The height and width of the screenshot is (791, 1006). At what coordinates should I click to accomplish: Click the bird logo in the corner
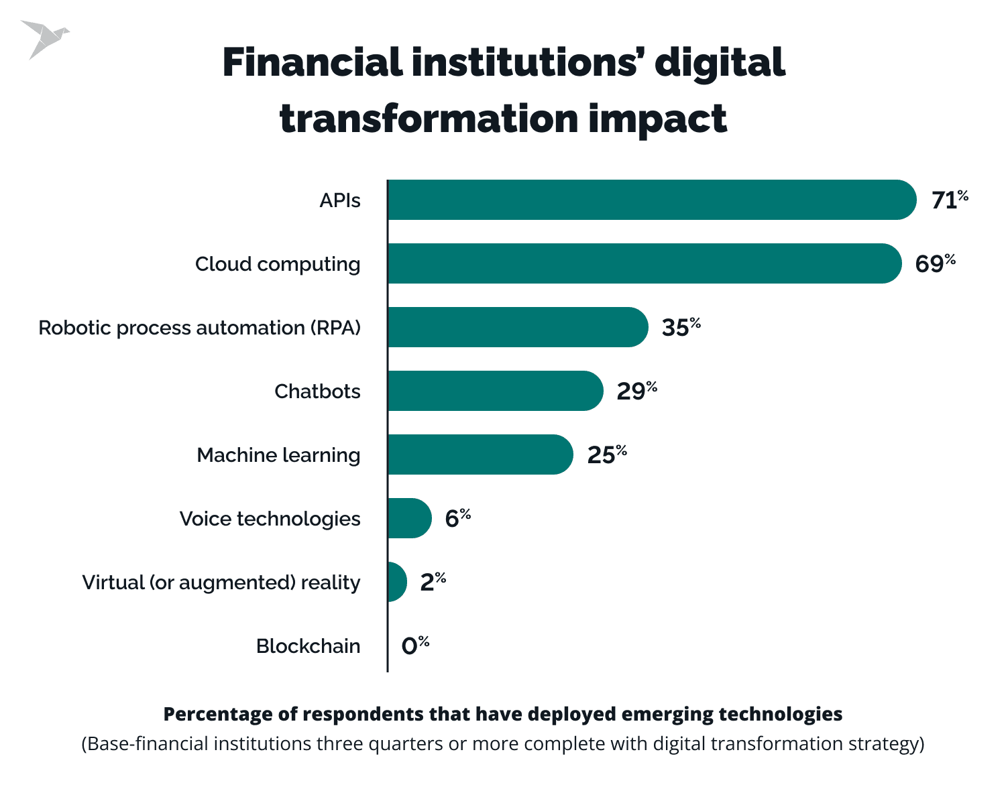tap(43, 38)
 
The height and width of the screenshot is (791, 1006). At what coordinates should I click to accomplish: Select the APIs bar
tap(651, 200)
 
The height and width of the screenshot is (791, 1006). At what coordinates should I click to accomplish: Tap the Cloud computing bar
tap(644, 263)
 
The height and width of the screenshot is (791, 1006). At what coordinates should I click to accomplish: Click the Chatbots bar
tap(495, 391)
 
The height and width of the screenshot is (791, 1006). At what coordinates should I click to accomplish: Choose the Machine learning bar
tap(480, 454)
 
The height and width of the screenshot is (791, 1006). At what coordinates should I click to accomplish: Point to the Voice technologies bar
tap(409, 518)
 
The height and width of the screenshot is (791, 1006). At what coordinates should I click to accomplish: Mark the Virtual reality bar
tap(397, 582)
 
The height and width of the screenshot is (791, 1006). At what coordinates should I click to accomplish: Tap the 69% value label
tap(934, 263)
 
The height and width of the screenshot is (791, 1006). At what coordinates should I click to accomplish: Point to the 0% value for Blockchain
tap(414, 646)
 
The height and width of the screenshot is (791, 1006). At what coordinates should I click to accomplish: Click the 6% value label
tap(457, 518)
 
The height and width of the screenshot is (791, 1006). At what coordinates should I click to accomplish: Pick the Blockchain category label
tap(308, 646)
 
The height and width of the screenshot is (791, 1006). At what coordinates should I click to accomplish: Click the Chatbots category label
tap(317, 391)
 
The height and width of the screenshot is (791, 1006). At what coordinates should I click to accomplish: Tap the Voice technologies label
tap(270, 519)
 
